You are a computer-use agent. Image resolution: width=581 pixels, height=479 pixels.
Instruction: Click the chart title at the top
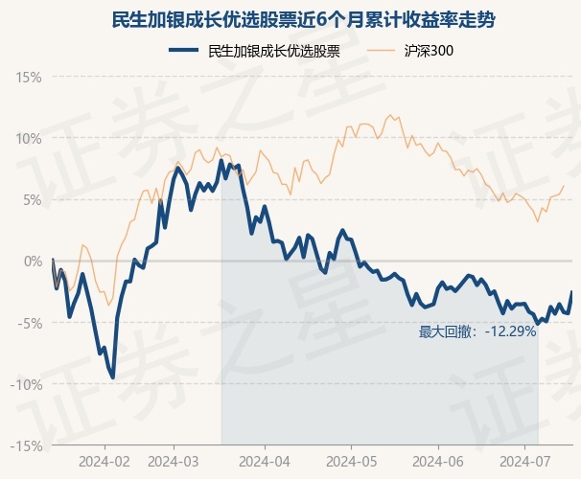pyautogui.click(x=290, y=19)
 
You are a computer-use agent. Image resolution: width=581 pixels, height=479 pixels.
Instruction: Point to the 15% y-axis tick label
pyautogui.click(x=29, y=77)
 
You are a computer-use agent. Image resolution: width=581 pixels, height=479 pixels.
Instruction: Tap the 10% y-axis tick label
pyautogui.click(x=29, y=138)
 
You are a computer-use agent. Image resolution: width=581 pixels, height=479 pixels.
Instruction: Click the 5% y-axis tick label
pyautogui.click(x=32, y=199)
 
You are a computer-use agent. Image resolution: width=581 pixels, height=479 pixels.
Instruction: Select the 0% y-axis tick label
pyautogui.click(x=32, y=261)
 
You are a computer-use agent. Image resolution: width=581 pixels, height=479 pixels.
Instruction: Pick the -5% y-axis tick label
pyautogui.click(x=30, y=323)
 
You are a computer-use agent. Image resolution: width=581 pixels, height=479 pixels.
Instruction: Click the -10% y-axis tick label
pyautogui.click(x=27, y=384)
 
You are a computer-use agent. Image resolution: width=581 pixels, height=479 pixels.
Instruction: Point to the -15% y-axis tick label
pyautogui.click(x=27, y=445)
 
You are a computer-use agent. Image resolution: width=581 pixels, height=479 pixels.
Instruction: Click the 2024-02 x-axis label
pyautogui.click(x=105, y=461)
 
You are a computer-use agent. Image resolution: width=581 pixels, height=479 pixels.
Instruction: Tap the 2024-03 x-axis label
pyautogui.click(x=174, y=461)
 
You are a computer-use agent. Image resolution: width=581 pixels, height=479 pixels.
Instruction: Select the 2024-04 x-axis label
pyautogui.click(x=264, y=461)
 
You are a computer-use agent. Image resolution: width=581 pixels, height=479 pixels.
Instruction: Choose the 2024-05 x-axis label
pyautogui.click(x=351, y=461)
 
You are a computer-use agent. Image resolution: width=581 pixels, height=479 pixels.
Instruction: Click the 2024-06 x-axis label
pyautogui.click(x=438, y=461)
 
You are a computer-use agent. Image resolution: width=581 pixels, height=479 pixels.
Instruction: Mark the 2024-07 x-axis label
pyautogui.click(x=525, y=461)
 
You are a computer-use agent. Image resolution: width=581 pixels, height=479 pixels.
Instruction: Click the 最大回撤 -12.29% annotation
pyautogui.click(x=477, y=331)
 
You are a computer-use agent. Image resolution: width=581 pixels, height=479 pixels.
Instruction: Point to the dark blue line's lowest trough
pyautogui.click(x=113, y=377)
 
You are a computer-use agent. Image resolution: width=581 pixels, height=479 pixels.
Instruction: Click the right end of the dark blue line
pyautogui.click(x=571, y=292)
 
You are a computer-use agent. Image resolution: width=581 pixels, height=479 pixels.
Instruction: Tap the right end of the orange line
pyautogui.click(x=564, y=186)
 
